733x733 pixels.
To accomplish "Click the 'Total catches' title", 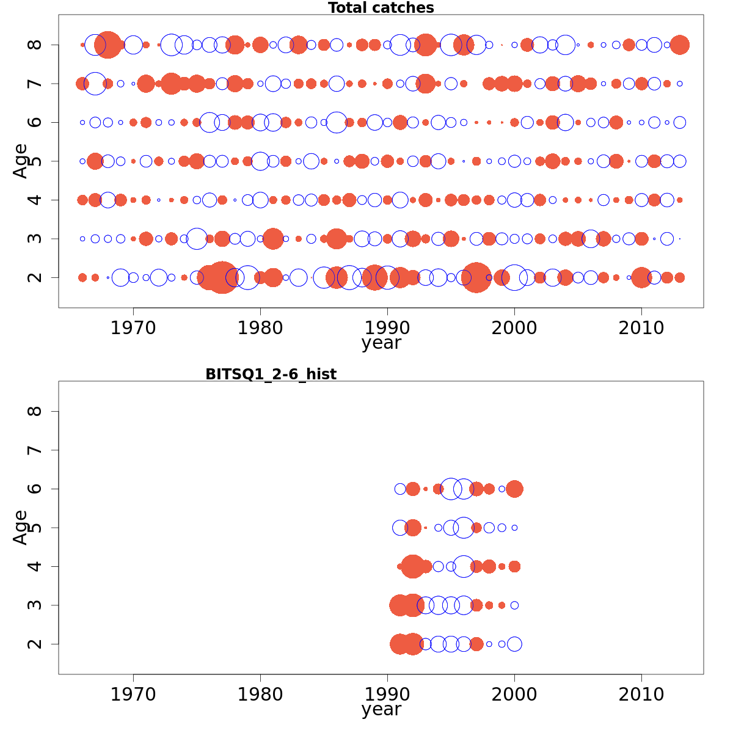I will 381,8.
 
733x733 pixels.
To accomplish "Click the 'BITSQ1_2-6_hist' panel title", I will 271,374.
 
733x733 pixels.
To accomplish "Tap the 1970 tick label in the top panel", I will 133,328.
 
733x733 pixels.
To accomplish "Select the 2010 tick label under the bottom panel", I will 641,695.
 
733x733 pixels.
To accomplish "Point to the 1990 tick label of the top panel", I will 387,328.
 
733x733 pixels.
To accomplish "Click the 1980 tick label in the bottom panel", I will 260,695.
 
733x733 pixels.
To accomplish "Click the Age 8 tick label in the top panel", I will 35,45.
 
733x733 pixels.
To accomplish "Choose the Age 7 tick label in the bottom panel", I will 35,450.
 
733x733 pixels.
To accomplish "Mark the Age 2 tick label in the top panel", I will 35,277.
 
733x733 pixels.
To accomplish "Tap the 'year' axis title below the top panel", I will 381,343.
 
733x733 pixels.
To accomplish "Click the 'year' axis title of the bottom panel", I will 381,709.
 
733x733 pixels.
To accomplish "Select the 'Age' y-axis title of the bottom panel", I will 21,527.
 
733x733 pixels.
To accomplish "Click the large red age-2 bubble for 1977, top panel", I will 222,277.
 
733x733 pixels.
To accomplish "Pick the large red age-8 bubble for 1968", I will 108,45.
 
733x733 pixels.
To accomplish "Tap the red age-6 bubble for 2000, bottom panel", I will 514,489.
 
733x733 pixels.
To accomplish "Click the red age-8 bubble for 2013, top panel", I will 679,45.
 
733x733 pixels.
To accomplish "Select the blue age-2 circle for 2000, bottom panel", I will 514,644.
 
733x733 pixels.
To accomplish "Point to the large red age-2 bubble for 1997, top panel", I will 476,277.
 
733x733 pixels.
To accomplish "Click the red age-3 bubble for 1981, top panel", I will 273,238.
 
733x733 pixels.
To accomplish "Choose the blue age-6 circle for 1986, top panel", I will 337,122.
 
